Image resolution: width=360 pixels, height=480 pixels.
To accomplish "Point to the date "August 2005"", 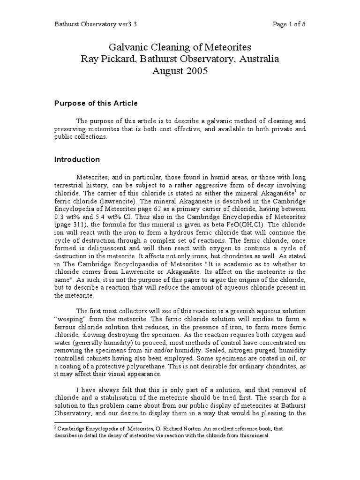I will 180,71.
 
